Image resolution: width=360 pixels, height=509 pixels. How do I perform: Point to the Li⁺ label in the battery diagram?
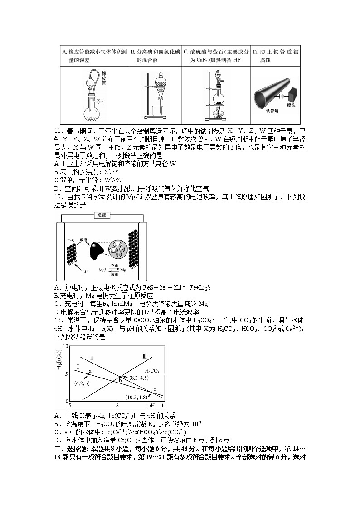point(84,271)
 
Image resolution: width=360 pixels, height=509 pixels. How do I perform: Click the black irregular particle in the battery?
point(96,250)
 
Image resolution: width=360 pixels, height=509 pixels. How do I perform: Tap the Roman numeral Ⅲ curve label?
point(144,357)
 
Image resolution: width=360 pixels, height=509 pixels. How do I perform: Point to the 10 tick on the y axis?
point(65,347)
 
